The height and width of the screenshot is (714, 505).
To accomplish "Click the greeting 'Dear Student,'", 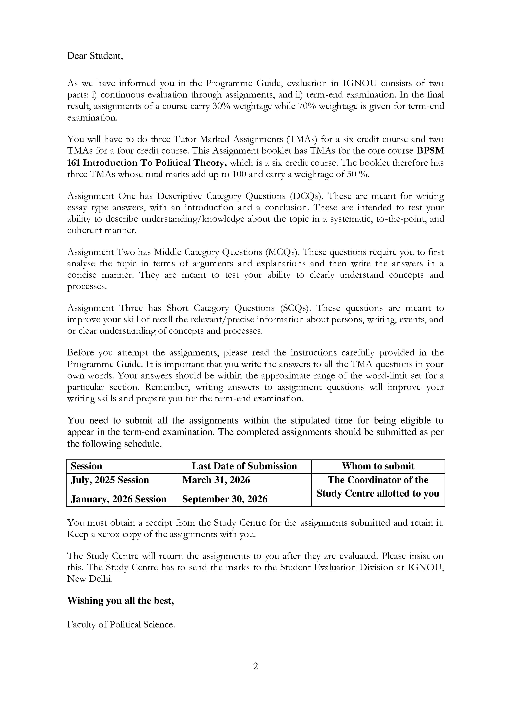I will tap(95, 56).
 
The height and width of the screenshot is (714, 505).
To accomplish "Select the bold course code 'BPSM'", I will tap(430, 151).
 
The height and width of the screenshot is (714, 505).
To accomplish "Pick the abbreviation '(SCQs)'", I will tap(295, 308).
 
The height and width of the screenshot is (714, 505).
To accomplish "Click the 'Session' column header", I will tap(87, 466).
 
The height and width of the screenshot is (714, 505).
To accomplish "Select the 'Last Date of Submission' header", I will tap(244, 466).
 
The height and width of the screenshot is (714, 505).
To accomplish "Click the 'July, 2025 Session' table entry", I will tap(110, 480).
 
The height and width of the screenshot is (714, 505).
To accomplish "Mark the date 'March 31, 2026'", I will tap(216, 480).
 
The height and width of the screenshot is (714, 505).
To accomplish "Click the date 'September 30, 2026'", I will tap(225, 499).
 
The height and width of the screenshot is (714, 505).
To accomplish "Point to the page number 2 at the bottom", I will tap(256, 666).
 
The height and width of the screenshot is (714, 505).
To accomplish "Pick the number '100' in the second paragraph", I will tap(239, 174).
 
